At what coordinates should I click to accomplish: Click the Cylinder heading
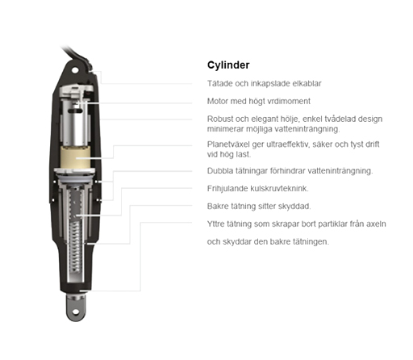click(228, 65)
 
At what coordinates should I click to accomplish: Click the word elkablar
click(307, 83)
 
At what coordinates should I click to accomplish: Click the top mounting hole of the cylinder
click(75, 70)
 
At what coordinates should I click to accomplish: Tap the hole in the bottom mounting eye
click(76, 312)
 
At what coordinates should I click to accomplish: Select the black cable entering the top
click(75, 54)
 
